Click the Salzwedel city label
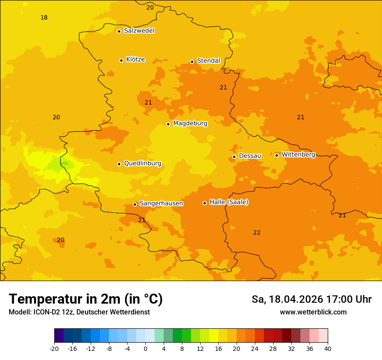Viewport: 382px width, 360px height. click(x=139, y=31)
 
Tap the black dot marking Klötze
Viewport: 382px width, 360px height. click(x=121, y=60)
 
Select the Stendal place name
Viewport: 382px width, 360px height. click(x=208, y=61)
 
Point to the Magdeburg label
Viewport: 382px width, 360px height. click(x=190, y=124)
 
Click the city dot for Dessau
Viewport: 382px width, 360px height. click(x=234, y=157)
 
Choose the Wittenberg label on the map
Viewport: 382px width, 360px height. click(x=298, y=154)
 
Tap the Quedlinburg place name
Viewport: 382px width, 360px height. click(x=142, y=164)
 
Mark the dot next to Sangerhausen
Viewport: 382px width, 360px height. click(x=135, y=204)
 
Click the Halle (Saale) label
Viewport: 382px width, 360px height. click(x=229, y=202)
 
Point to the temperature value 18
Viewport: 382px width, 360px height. click(x=44, y=17)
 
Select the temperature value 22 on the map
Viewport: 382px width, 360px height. click(x=257, y=232)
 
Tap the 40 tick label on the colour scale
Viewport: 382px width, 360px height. click(x=328, y=349)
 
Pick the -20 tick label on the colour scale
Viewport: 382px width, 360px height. click(x=54, y=349)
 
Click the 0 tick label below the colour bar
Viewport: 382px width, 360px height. click(x=145, y=349)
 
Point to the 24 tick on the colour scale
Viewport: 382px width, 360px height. click(x=255, y=349)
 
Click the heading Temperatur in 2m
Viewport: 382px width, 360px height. click(x=86, y=299)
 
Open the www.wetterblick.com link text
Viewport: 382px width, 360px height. click(x=313, y=312)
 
